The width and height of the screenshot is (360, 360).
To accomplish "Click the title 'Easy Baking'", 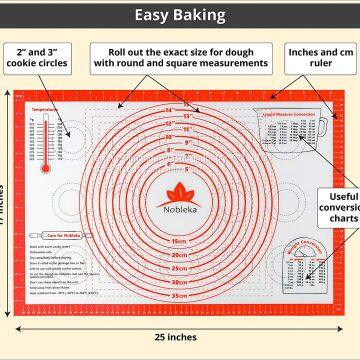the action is (181, 14).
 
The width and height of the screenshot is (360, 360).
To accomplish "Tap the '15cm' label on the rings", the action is (181, 241).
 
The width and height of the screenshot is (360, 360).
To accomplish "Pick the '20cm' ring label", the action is (181, 255).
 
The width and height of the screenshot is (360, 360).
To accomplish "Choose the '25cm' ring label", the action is (181, 268).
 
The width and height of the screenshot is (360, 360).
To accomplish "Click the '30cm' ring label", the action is (181, 282).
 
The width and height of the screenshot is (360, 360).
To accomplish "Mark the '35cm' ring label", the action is (181, 296).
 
